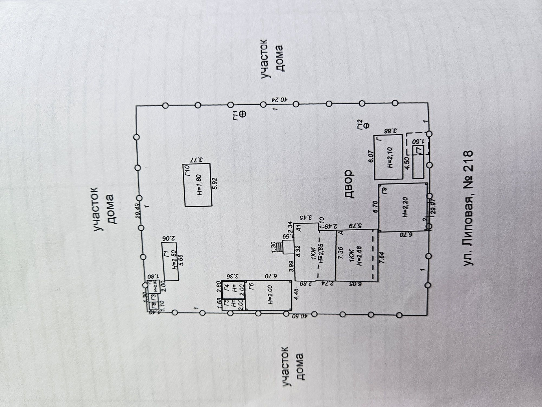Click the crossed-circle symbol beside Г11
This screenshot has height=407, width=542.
(243, 114)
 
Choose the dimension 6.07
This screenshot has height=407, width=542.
(371, 156)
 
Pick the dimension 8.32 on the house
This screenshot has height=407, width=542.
(298, 251)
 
